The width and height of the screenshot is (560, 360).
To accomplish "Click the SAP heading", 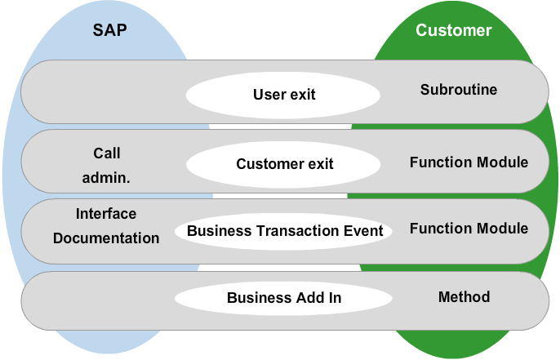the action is (109, 30).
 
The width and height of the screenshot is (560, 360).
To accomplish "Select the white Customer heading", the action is (454, 30).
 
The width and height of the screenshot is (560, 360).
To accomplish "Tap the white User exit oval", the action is (282, 95).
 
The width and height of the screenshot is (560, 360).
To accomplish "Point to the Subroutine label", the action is (459, 90).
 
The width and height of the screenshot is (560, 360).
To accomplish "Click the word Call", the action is (106, 153).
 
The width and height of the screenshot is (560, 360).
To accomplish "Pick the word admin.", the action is (106, 177).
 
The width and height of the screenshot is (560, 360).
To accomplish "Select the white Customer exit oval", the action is (283, 164).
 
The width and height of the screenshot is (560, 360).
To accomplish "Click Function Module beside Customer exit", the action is (469, 162).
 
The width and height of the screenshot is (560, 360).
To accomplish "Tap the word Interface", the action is (106, 214).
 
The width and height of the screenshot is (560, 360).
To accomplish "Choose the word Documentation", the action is (106, 238).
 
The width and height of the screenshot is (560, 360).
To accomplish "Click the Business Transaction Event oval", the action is (283, 232).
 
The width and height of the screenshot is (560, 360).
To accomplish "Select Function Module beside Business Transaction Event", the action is (469, 229).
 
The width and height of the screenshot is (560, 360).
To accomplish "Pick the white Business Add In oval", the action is (283, 298).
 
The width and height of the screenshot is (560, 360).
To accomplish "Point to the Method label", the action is (464, 297).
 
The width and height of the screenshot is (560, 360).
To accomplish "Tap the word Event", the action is (363, 231).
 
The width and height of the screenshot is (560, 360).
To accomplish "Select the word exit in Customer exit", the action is (321, 164).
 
